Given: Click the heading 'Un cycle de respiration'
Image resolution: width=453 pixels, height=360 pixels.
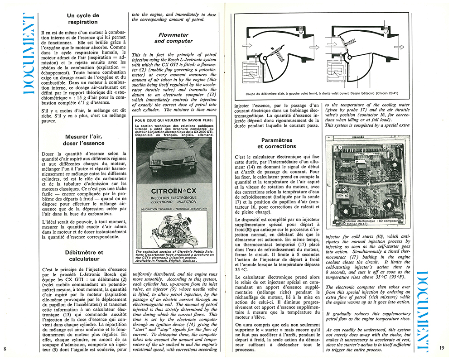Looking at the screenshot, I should point(82,18).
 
